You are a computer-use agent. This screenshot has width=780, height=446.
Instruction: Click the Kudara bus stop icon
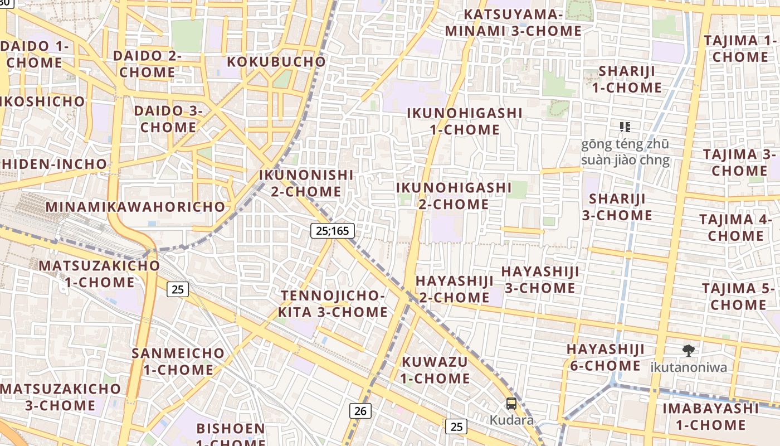[x=511, y=404]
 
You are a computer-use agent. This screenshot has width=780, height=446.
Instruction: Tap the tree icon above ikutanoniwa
[x=689, y=351]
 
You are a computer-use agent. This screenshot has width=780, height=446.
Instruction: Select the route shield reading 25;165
[x=332, y=230]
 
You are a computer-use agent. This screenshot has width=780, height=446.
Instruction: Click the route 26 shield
[x=360, y=411]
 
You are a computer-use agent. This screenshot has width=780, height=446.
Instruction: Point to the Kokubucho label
[x=276, y=61]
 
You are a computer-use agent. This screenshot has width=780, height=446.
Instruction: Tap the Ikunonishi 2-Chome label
[x=306, y=183]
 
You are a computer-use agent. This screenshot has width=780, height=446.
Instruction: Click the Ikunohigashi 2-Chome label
[x=454, y=196]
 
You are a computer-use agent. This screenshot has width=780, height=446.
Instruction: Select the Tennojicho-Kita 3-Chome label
[x=333, y=304]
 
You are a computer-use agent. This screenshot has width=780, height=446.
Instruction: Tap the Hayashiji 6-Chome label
[x=605, y=357]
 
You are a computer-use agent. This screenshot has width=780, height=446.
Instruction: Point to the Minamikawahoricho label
[x=135, y=207]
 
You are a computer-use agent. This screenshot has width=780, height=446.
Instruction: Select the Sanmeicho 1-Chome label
[x=178, y=361]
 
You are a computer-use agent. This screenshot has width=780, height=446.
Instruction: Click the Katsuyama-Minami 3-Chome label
[x=513, y=23]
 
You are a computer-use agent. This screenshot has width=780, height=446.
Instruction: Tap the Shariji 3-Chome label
[x=617, y=207]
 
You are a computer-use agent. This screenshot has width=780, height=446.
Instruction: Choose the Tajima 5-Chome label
[x=738, y=297]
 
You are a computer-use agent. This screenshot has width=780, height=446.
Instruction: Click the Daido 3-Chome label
[x=168, y=119]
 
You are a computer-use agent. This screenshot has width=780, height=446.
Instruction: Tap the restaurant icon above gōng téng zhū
[x=625, y=127]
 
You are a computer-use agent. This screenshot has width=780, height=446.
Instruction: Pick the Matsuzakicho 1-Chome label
[x=99, y=274]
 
